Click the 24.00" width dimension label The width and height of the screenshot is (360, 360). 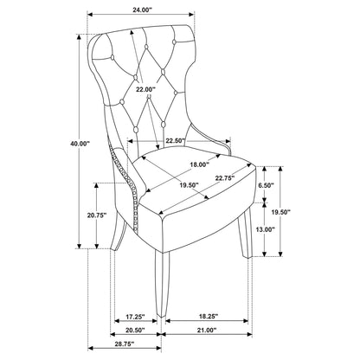point(142,10)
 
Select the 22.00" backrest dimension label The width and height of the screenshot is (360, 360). point(145,89)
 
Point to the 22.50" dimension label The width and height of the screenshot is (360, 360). point(175,141)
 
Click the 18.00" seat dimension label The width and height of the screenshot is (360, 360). point(199,164)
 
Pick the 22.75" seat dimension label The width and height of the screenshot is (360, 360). point(224,178)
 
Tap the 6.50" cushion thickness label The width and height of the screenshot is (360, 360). point(266,185)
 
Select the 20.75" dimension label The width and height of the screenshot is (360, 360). point(97,215)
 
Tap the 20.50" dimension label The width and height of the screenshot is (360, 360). point(135,331)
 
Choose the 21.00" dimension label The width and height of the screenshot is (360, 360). point(207,331)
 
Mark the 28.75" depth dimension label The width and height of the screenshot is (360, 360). point(125,344)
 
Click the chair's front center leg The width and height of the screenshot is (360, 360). point(161,284)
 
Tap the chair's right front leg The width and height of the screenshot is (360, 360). point(245,234)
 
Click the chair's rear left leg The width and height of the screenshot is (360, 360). point(119,231)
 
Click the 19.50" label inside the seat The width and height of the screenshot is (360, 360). point(189,185)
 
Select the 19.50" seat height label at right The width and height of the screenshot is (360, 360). point(280,212)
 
